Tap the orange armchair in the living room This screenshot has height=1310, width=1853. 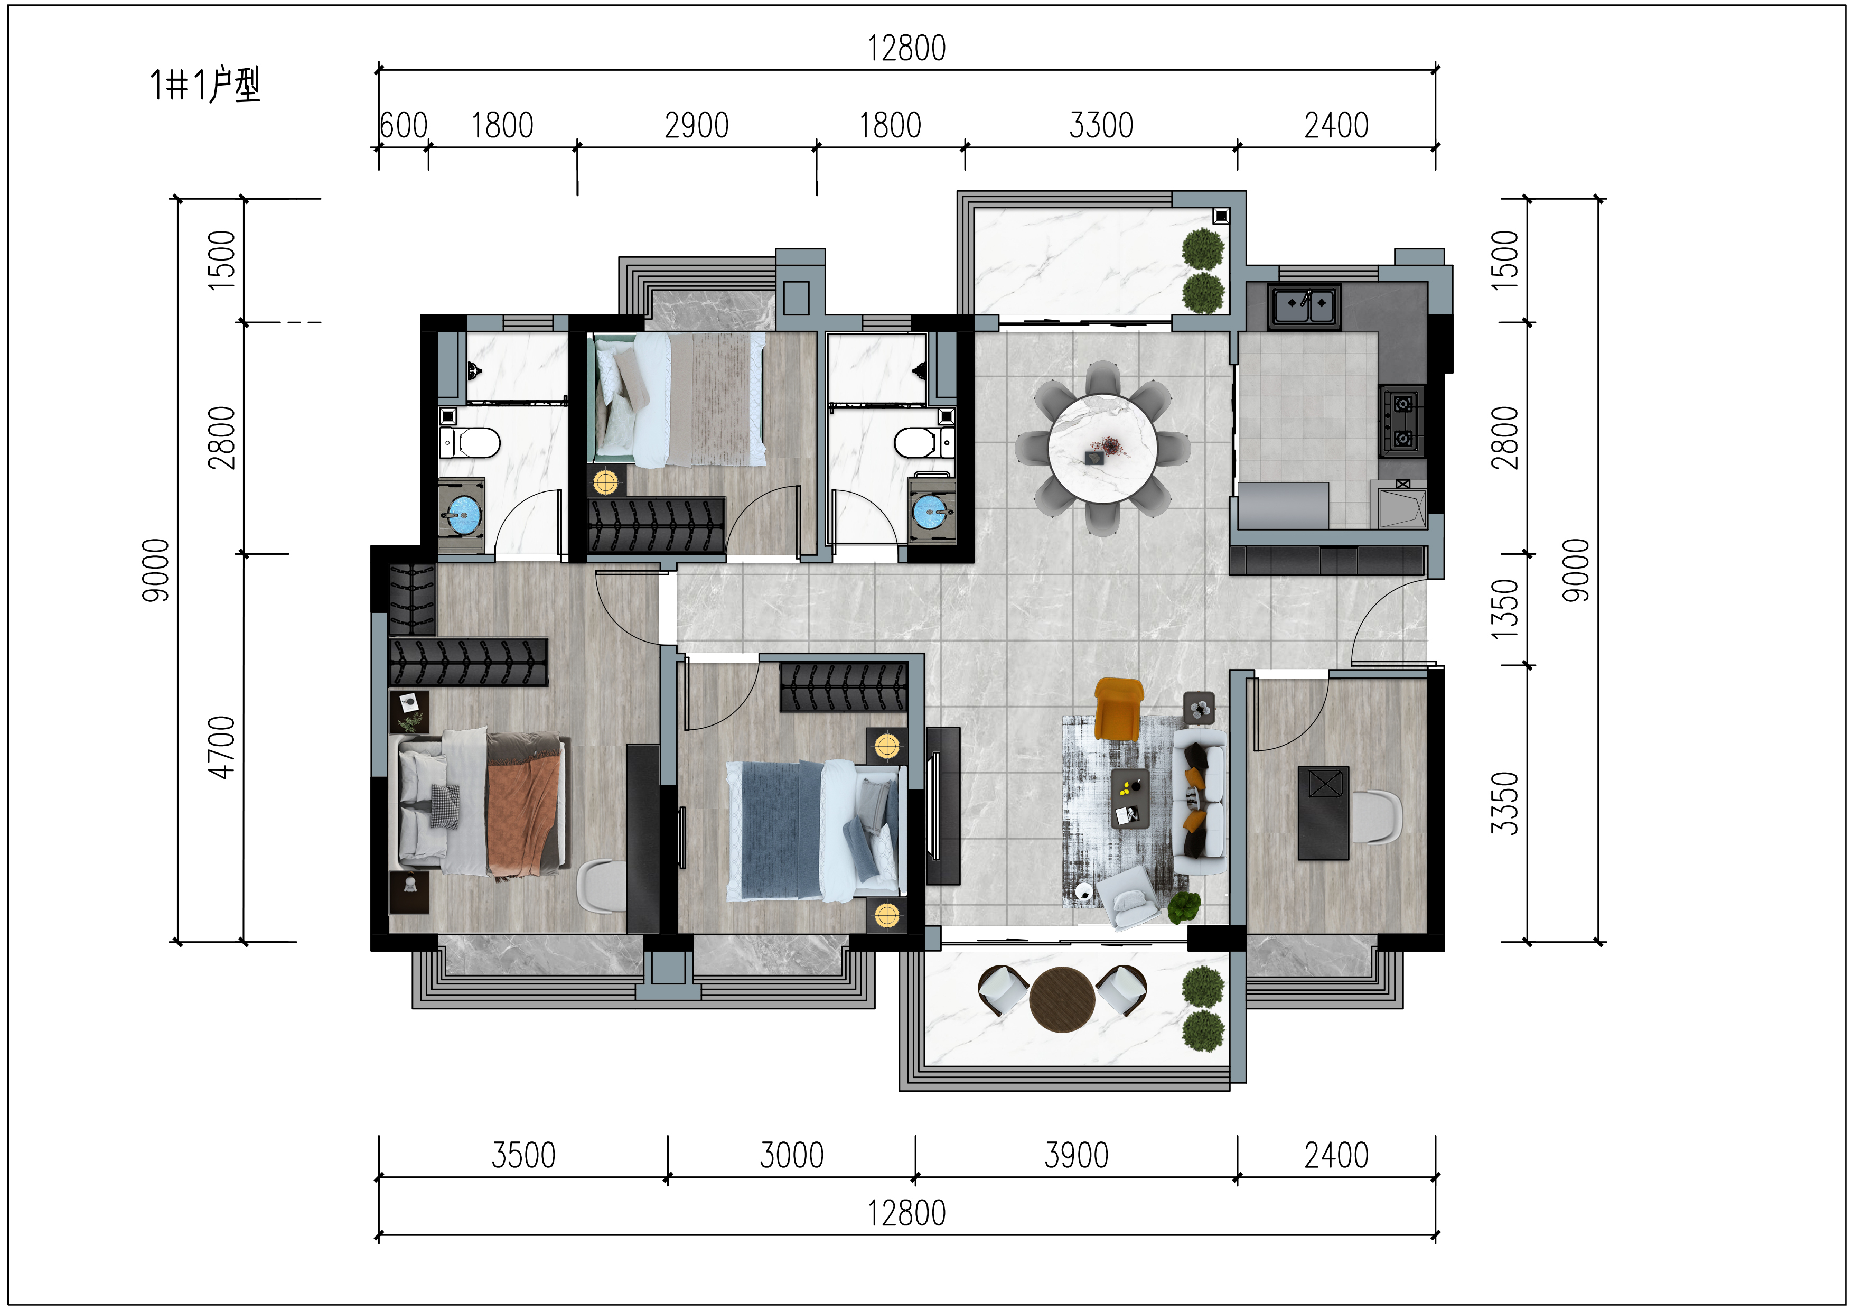point(1119,709)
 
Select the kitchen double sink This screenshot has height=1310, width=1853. point(1304,306)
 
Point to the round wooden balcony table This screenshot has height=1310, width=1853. point(1062,999)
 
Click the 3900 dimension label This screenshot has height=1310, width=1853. point(1076,1155)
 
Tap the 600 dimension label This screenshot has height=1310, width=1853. point(404,125)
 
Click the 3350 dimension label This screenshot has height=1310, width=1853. point(1504,803)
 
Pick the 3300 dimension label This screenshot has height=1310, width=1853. point(1101,125)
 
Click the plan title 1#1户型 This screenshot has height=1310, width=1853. point(205,85)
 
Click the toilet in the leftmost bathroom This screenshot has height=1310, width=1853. point(470,442)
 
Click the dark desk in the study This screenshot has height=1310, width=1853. point(1323,813)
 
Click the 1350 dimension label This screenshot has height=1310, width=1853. point(1504,609)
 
